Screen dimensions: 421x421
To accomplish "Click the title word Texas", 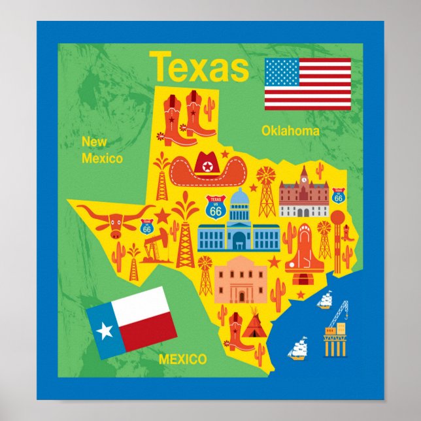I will [x=199, y=68].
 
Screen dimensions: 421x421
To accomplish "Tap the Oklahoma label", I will [x=290, y=131].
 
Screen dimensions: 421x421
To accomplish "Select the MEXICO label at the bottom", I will [x=183, y=359].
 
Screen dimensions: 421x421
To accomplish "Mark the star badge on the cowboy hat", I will [x=209, y=166].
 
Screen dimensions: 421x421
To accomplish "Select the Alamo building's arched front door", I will [x=242, y=295].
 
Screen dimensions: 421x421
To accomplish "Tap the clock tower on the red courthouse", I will [x=303, y=175].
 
